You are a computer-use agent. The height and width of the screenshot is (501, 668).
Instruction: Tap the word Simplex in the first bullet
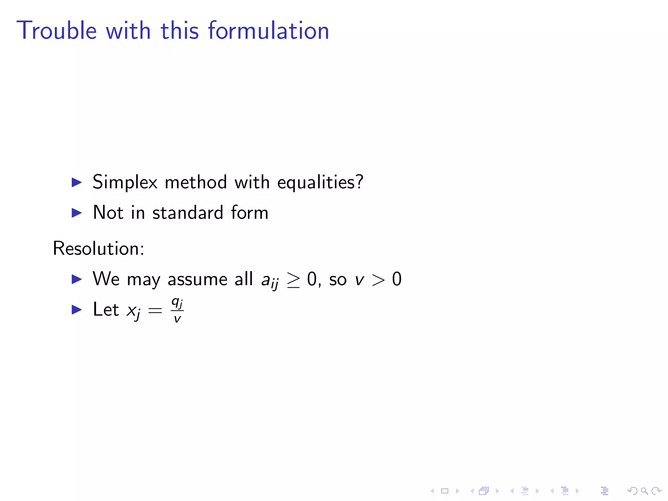(x=125, y=182)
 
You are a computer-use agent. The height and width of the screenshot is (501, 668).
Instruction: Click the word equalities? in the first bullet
(x=320, y=182)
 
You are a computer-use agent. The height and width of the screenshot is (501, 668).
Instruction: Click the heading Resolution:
(x=99, y=249)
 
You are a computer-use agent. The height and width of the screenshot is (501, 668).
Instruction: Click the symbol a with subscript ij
(x=270, y=281)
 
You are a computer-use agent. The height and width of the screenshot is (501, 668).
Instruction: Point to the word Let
(x=106, y=310)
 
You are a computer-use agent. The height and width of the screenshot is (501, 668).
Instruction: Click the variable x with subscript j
(x=133, y=311)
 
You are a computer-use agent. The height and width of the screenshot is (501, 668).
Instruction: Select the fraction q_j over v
(x=177, y=310)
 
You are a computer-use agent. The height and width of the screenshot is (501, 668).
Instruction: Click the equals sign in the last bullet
(x=155, y=311)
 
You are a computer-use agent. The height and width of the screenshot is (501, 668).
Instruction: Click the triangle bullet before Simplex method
(x=77, y=182)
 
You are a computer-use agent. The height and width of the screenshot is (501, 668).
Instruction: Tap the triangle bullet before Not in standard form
(x=77, y=213)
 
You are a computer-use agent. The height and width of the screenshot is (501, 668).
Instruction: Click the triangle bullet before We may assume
(x=77, y=279)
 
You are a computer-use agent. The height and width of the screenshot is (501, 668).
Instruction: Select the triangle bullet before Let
(x=77, y=310)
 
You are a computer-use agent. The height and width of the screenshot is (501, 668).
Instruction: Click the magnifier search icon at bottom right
(x=644, y=491)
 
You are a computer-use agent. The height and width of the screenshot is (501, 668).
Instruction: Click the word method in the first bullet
(x=196, y=182)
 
